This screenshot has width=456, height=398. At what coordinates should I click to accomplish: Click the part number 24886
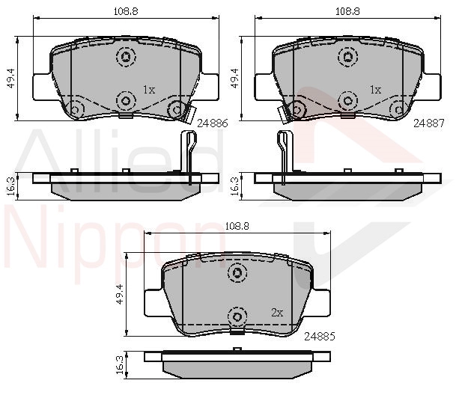pos(213,123)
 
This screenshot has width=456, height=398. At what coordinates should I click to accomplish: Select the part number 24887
pos(429,123)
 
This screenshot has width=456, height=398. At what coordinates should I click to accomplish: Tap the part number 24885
pos(320,337)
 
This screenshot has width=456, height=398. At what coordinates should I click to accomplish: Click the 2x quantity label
pos(277,313)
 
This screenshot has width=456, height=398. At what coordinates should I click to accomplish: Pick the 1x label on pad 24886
pos(149,90)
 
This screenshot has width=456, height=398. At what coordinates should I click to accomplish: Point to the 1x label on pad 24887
pos(375,90)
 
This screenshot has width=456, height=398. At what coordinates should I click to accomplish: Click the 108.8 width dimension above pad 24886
pos(126,11)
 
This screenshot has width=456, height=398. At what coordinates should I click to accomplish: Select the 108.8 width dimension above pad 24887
pos(348,11)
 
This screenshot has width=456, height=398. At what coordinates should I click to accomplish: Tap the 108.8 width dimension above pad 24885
pos(237,226)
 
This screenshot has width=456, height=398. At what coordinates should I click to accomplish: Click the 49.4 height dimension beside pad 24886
pos(12,79)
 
